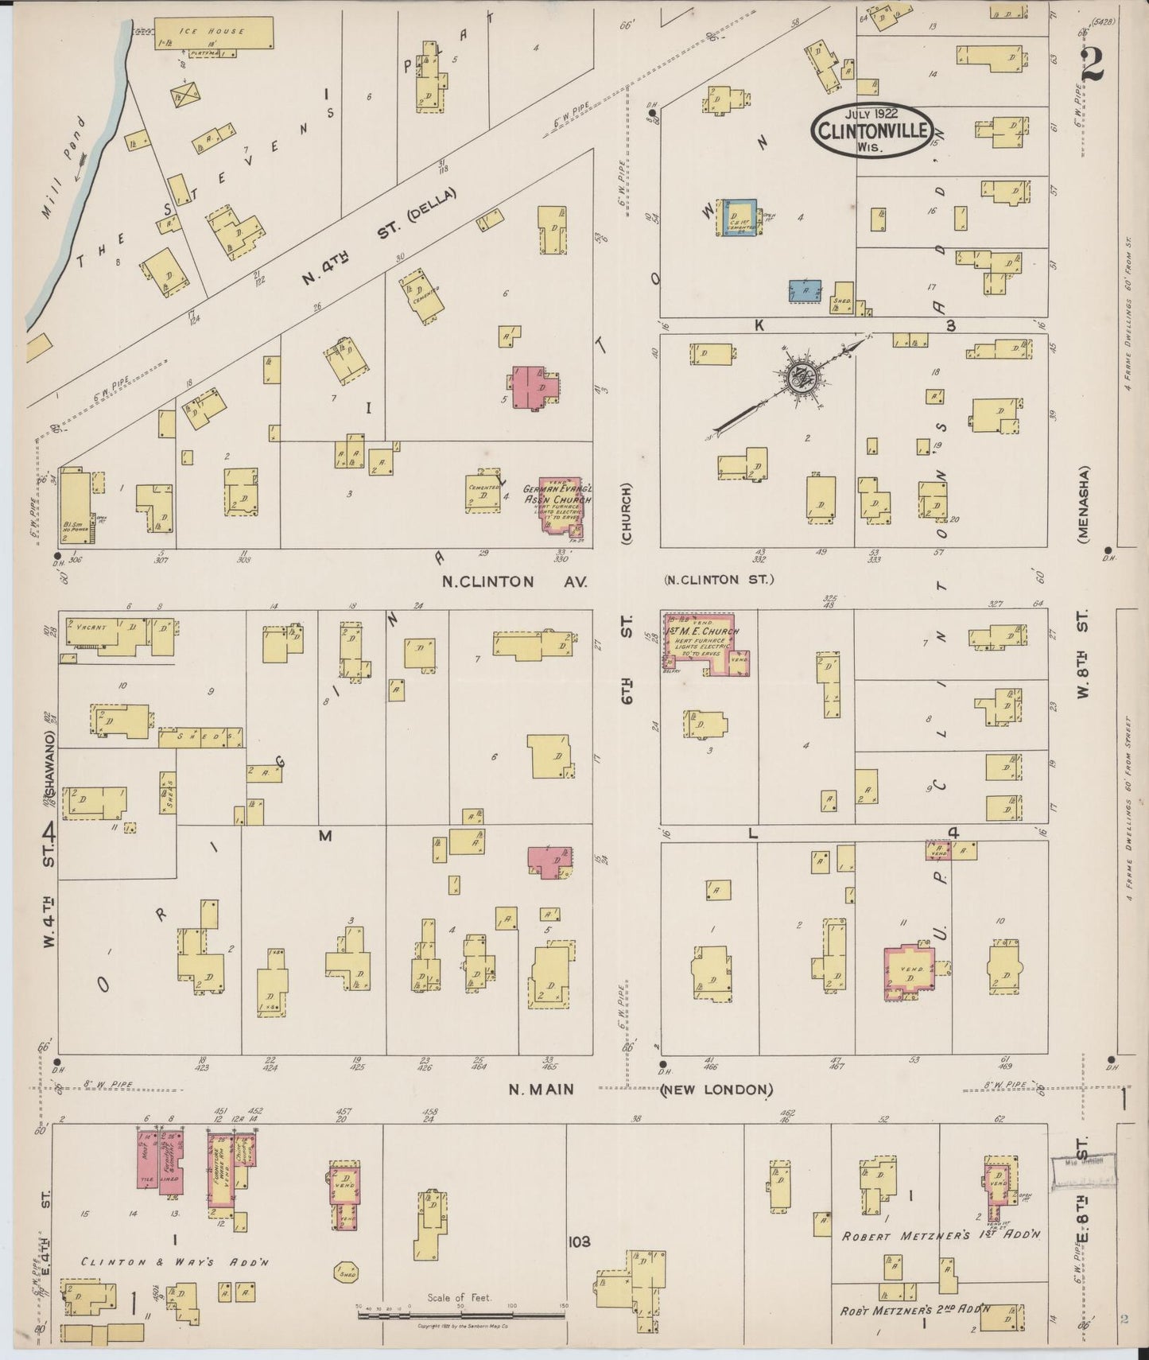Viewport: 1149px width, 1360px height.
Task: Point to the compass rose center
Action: click(800, 379)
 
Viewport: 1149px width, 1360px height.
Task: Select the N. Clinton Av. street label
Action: click(514, 581)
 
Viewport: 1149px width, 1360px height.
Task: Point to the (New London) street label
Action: click(716, 1089)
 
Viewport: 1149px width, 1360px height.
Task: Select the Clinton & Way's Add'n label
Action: click(177, 1262)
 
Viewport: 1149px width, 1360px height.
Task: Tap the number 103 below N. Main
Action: click(580, 1241)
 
